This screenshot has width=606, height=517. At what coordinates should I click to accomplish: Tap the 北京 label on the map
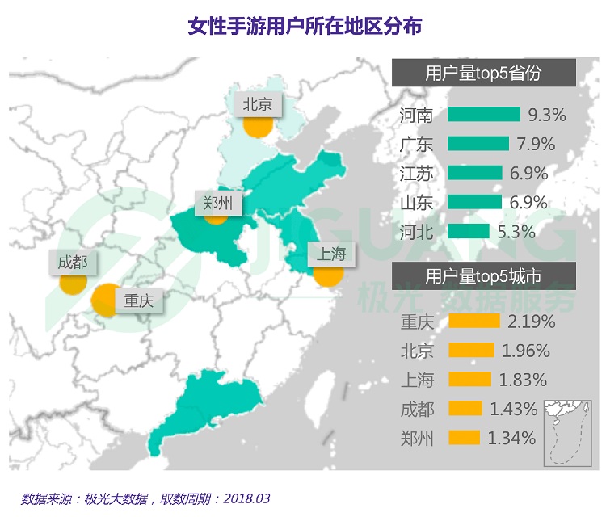click(x=257, y=103)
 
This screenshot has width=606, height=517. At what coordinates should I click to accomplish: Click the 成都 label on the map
click(x=74, y=262)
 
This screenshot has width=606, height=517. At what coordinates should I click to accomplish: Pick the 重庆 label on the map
click(x=138, y=301)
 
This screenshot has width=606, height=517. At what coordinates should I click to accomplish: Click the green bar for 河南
click(x=483, y=115)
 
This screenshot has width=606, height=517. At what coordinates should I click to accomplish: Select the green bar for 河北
click(x=468, y=232)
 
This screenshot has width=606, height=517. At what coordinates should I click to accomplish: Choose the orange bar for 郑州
click(x=464, y=439)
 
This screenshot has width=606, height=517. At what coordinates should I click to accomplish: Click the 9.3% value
click(x=547, y=115)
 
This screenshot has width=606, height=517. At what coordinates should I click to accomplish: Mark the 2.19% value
click(x=531, y=322)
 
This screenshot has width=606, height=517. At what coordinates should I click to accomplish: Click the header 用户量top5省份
click(x=483, y=74)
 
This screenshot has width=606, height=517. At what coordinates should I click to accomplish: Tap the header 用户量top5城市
click(x=483, y=276)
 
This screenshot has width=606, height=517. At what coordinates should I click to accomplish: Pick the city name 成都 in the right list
click(x=417, y=409)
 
